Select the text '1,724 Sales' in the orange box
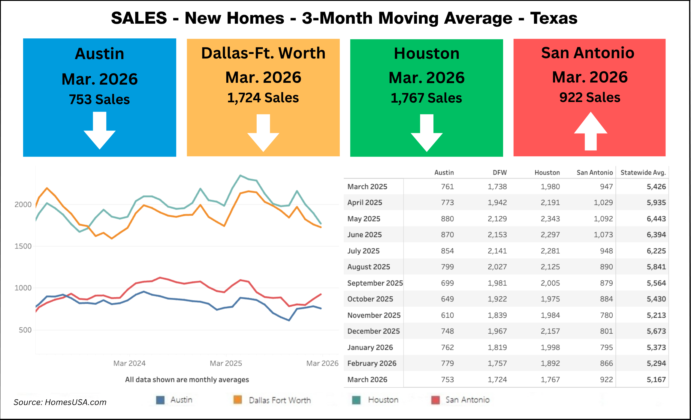pyautogui.click(x=263, y=98)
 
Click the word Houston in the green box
pyautogui.click(x=427, y=54)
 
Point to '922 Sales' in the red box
pyautogui.click(x=590, y=97)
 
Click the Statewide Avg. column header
pyautogui.click(x=643, y=172)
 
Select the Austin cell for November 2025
pyautogui.click(x=447, y=315)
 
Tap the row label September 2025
pyautogui.click(x=375, y=283)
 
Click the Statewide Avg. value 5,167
pyautogui.click(x=656, y=379)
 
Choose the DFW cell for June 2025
pyautogui.click(x=497, y=235)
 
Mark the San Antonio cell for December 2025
pyautogui.click(x=606, y=331)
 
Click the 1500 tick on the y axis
pyautogui.click(x=23, y=246)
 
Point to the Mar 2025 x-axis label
pyautogui.click(x=226, y=363)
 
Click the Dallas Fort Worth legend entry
pyautogui.click(x=279, y=400)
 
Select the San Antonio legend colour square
pyautogui.click(x=435, y=400)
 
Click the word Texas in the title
pyautogui.click(x=554, y=18)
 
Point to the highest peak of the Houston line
pyautogui.click(x=240, y=175)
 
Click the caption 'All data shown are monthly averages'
pyautogui.click(x=187, y=380)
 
